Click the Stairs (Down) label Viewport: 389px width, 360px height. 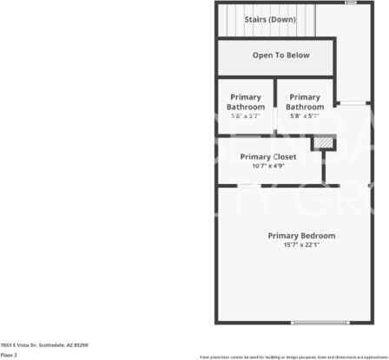269,19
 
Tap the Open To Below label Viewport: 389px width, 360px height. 280,56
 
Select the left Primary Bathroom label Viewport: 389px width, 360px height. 246,101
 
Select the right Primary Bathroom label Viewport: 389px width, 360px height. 305,101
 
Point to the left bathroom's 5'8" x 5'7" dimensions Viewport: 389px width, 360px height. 246,115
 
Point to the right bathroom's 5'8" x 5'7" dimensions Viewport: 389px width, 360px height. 305,115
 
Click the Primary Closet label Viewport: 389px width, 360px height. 268,157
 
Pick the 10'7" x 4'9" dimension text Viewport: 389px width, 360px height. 268,166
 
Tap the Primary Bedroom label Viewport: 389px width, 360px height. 301,236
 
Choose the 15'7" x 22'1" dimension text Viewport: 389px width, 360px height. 301,245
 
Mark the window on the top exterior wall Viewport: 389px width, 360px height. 351,3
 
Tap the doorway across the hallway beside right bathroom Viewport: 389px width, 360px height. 352,103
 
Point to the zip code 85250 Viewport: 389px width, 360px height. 79,344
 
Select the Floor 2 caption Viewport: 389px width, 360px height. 9,355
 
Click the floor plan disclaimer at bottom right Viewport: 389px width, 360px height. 293,357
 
